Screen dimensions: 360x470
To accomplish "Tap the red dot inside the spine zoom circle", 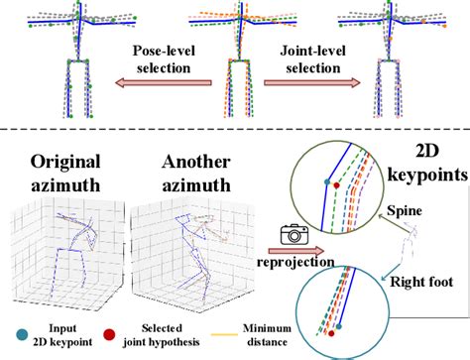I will (x=338, y=184).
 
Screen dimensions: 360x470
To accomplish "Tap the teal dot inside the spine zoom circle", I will (x=326, y=181).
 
